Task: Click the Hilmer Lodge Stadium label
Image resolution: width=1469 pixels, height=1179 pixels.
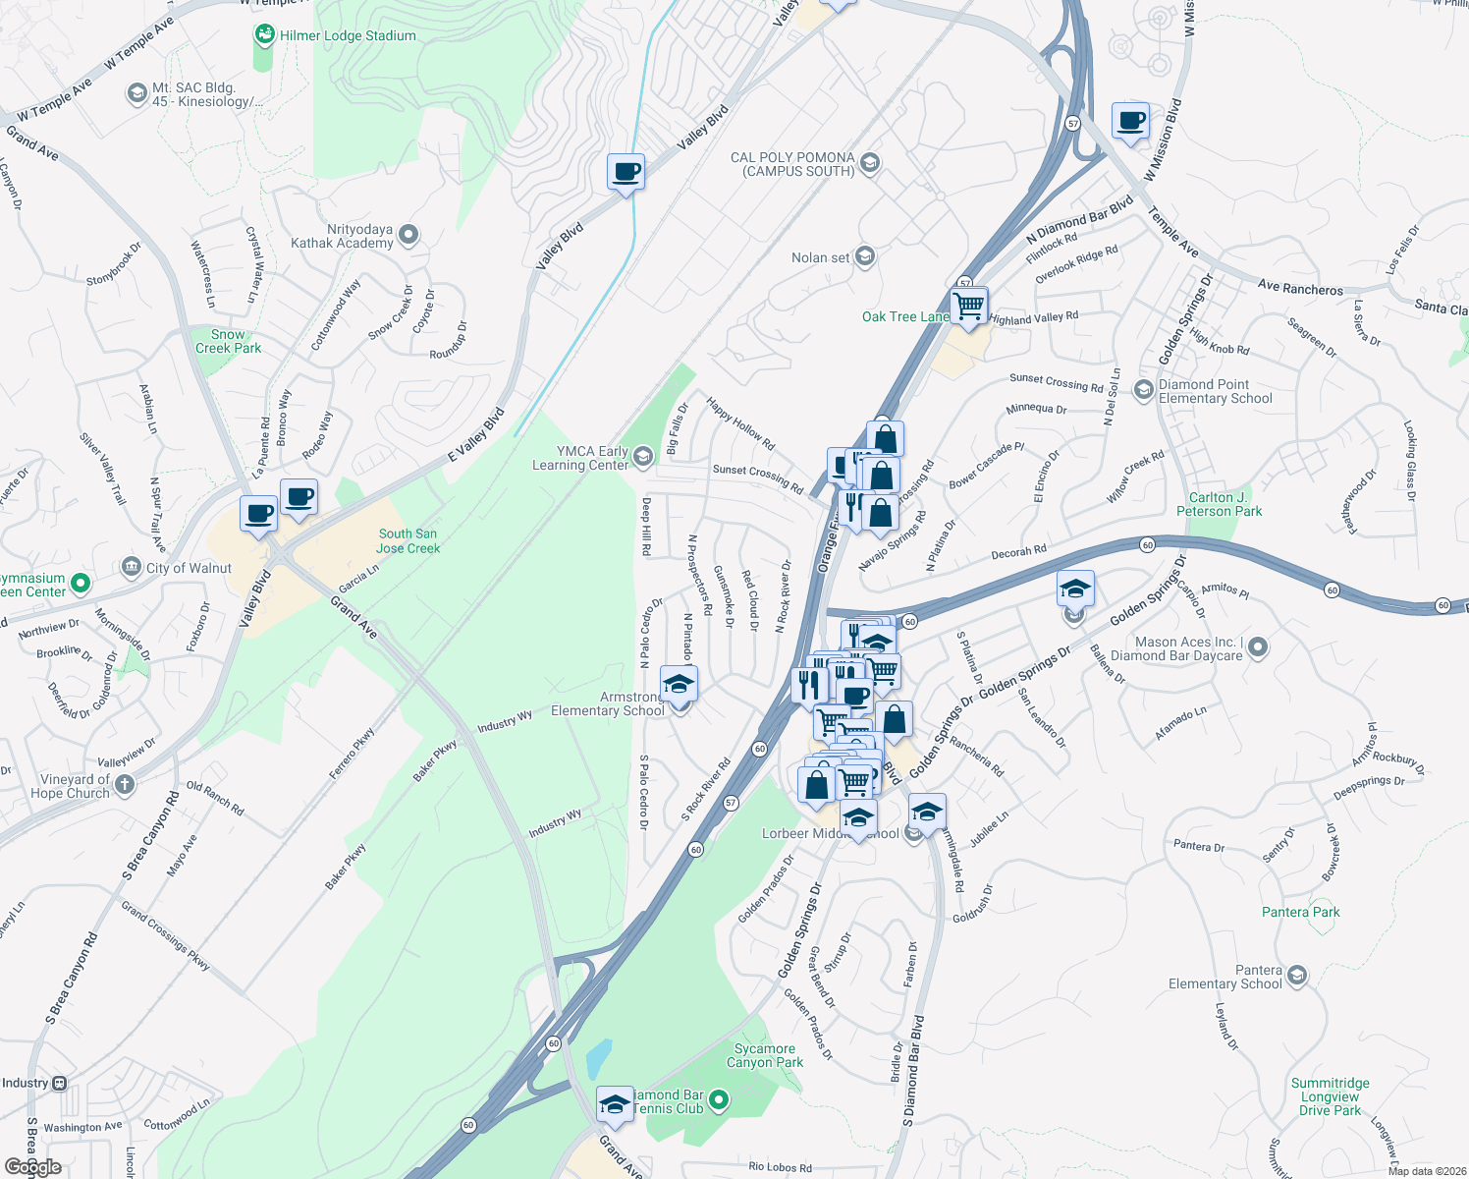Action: tap(348, 36)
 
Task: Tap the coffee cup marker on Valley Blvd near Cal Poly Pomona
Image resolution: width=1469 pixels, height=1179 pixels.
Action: tap(626, 173)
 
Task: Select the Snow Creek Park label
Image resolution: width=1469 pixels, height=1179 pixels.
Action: tap(228, 341)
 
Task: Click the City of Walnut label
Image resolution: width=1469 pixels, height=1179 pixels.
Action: tap(189, 568)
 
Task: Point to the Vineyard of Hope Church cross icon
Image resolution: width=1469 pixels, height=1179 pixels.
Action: tap(124, 784)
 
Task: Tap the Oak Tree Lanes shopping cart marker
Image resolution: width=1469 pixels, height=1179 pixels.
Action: tap(969, 307)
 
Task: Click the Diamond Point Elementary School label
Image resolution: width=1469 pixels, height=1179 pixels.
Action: tap(1215, 391)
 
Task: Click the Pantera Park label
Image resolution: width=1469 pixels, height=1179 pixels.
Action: tap(1300, 912)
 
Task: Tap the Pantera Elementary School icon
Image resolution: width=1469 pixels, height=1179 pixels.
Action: tap(1297, 975)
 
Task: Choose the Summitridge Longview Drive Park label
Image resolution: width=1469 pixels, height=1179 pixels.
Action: tap(1330, 1096)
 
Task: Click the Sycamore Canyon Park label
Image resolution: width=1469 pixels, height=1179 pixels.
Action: tap(765, 1055)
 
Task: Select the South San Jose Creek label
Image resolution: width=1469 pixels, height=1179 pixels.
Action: tap(408, 541)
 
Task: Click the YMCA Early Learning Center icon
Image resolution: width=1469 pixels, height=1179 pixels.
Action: tap(642, 456)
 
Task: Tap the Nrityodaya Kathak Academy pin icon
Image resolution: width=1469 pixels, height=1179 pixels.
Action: tap(408, 235)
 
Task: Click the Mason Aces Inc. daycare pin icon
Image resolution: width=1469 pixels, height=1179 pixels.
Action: tap(1258, 647)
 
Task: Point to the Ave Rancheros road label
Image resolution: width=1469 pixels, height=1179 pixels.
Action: tap(1300, 288)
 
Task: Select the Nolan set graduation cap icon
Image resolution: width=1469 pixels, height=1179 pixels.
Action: tap(865, 256)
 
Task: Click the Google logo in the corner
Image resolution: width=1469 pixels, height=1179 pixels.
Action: tap(33, 1166)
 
